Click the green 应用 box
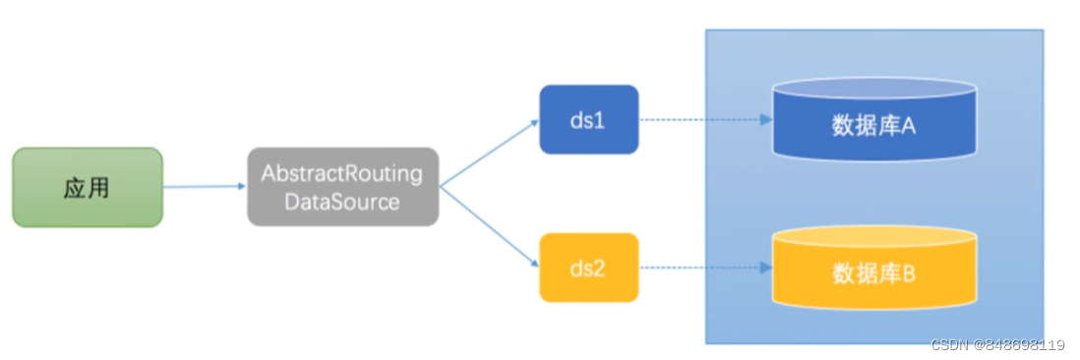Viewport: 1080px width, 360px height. [88, 187]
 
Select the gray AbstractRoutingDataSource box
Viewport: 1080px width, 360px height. [343, 187]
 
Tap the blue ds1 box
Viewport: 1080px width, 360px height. [589, 119]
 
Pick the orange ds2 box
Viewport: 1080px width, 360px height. [589, 268]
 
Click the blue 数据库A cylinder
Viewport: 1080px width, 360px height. [874, 119]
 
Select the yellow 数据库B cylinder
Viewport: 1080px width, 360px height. [874, 268]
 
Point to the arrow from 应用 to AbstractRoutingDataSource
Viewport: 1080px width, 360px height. [206, 187]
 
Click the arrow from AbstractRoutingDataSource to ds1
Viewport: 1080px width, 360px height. [489, 152]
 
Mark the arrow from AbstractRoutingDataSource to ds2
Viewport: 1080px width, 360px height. [489, 226]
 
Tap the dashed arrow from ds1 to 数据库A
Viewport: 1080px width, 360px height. [705, 120]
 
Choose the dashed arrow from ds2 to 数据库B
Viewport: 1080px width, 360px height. [705, 268]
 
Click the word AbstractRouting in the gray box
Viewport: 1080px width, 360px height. [341, 173]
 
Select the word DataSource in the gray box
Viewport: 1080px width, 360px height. [342, 203]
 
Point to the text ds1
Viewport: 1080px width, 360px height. [587, 120]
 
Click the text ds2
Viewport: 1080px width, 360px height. [587, 269]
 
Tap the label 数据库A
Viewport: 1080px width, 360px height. [874, 126]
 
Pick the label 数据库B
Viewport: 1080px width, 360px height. [874, 274]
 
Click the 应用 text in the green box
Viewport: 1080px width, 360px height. [87, 188]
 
